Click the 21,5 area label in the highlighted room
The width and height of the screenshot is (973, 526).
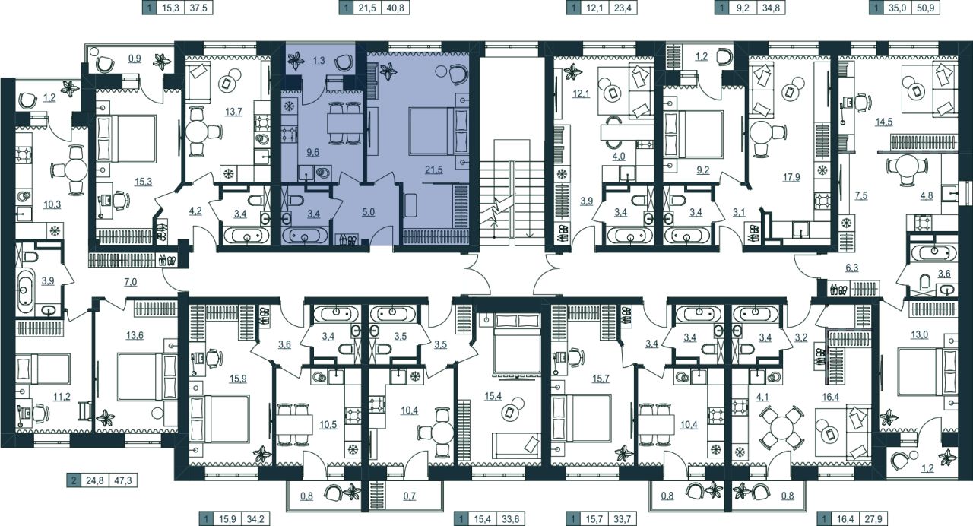click(434, 170)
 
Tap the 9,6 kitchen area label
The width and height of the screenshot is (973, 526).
click(312, 152)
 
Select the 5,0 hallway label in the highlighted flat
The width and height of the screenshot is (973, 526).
click(368, 212)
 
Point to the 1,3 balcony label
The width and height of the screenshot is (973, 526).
click(319, 61)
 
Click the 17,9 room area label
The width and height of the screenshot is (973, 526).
click(791, 177)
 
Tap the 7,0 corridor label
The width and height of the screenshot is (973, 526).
click(130, 282)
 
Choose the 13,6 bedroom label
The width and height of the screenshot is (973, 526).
click(135, 335)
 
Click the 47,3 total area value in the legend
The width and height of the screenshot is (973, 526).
click(123, 481)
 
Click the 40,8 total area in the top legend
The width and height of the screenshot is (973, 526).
click(395, 8)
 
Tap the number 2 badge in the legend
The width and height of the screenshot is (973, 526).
click(74, 481)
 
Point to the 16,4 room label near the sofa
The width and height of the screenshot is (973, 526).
click(831, 397)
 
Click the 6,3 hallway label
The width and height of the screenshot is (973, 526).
click(852, 268)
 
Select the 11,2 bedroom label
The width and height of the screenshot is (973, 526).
click(62, 397)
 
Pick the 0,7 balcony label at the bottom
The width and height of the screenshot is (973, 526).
click(409, 496)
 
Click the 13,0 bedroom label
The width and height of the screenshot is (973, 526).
click(919, 334)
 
